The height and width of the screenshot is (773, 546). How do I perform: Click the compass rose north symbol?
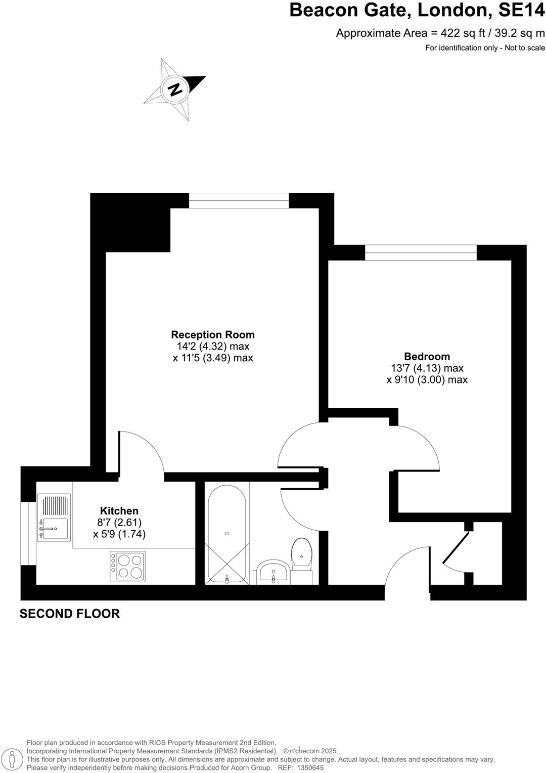pyautogui.click(x=175, y=90)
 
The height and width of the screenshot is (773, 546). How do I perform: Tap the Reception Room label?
pyautogui.click(x=212, y=335)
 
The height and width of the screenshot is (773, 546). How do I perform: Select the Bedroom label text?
pyautogui.click(x=427, y=357)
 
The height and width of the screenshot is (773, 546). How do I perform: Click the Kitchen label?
pyautogui.click(x=119, y=511)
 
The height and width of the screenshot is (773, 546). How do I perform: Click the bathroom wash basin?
pyautogui.click(x=273, y=572)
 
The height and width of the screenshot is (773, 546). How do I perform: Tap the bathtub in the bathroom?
pyautogui.click(x=227, y=534)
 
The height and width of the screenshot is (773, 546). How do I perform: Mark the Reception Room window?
pyautogui.click(x=239, y=201)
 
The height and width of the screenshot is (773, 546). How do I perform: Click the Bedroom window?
pyautogui.click(x=421, y=252)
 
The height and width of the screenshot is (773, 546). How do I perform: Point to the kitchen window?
pyautogui.click(x=28, y=533)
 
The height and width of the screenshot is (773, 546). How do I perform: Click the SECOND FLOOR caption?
pyautogui.click(x=70, y=614)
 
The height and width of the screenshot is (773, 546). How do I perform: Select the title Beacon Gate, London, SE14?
pyautogui.click(x=417, y=11)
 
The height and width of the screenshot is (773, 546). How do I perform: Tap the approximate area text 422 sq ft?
pyautogui.click(x=440, y=34)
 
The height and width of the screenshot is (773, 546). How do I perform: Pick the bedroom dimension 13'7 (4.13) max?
pyautogui.click(x=427, y=368)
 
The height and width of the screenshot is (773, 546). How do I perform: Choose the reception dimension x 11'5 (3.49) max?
pyautogui.click(x=212, y=358)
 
